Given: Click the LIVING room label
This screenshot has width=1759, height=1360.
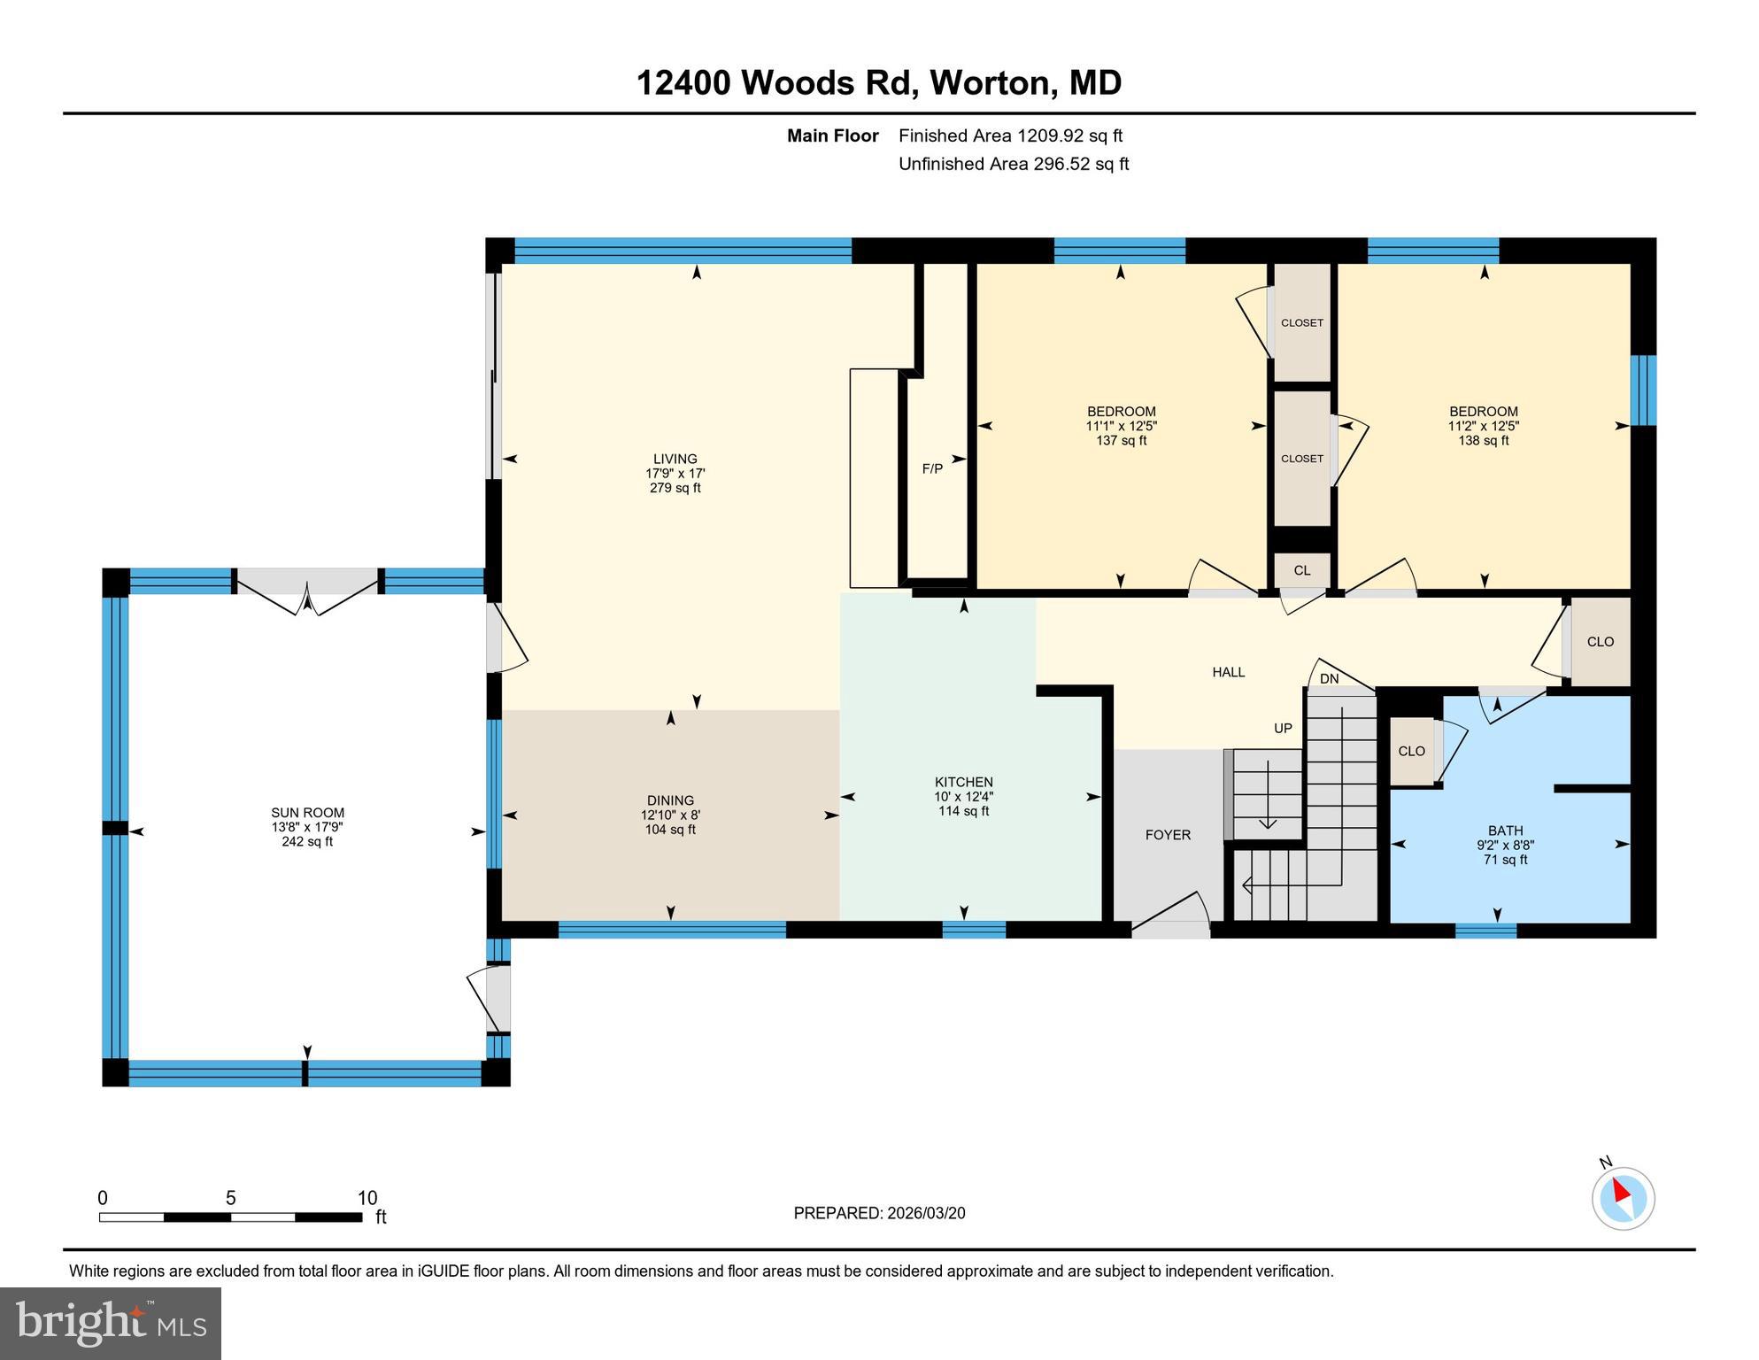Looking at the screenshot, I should (675, 459).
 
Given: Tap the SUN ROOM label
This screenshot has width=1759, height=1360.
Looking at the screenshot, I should (307, 813).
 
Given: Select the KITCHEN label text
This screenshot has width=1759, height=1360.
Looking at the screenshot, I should (963, 782).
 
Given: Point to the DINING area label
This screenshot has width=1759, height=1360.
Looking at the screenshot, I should (670, 800).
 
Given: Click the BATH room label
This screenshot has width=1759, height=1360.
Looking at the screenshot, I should (1505, 831).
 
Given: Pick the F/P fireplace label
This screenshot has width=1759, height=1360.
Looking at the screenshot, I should (932, 469).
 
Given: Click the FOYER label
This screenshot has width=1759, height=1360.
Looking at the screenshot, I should (1168, 835).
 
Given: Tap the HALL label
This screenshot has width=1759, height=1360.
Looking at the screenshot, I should (1228, 673).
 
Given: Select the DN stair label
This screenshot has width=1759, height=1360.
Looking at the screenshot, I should (1329, 679).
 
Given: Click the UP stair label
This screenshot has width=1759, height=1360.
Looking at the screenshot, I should (1283, 729).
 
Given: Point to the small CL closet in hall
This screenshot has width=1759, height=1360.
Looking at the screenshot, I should (1301, 571).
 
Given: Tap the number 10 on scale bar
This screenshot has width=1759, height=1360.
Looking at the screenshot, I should (366, 1198).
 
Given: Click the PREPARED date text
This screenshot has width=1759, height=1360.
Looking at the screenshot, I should (879, 1213).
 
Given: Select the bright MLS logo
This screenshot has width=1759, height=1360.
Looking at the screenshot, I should (111, 1323).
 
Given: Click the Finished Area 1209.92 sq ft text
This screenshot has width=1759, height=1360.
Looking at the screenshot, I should (1010, 135).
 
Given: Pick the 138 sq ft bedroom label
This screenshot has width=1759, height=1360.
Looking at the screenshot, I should (1483, 440).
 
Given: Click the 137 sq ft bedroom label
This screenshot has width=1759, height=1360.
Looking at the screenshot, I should (1121, 440).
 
